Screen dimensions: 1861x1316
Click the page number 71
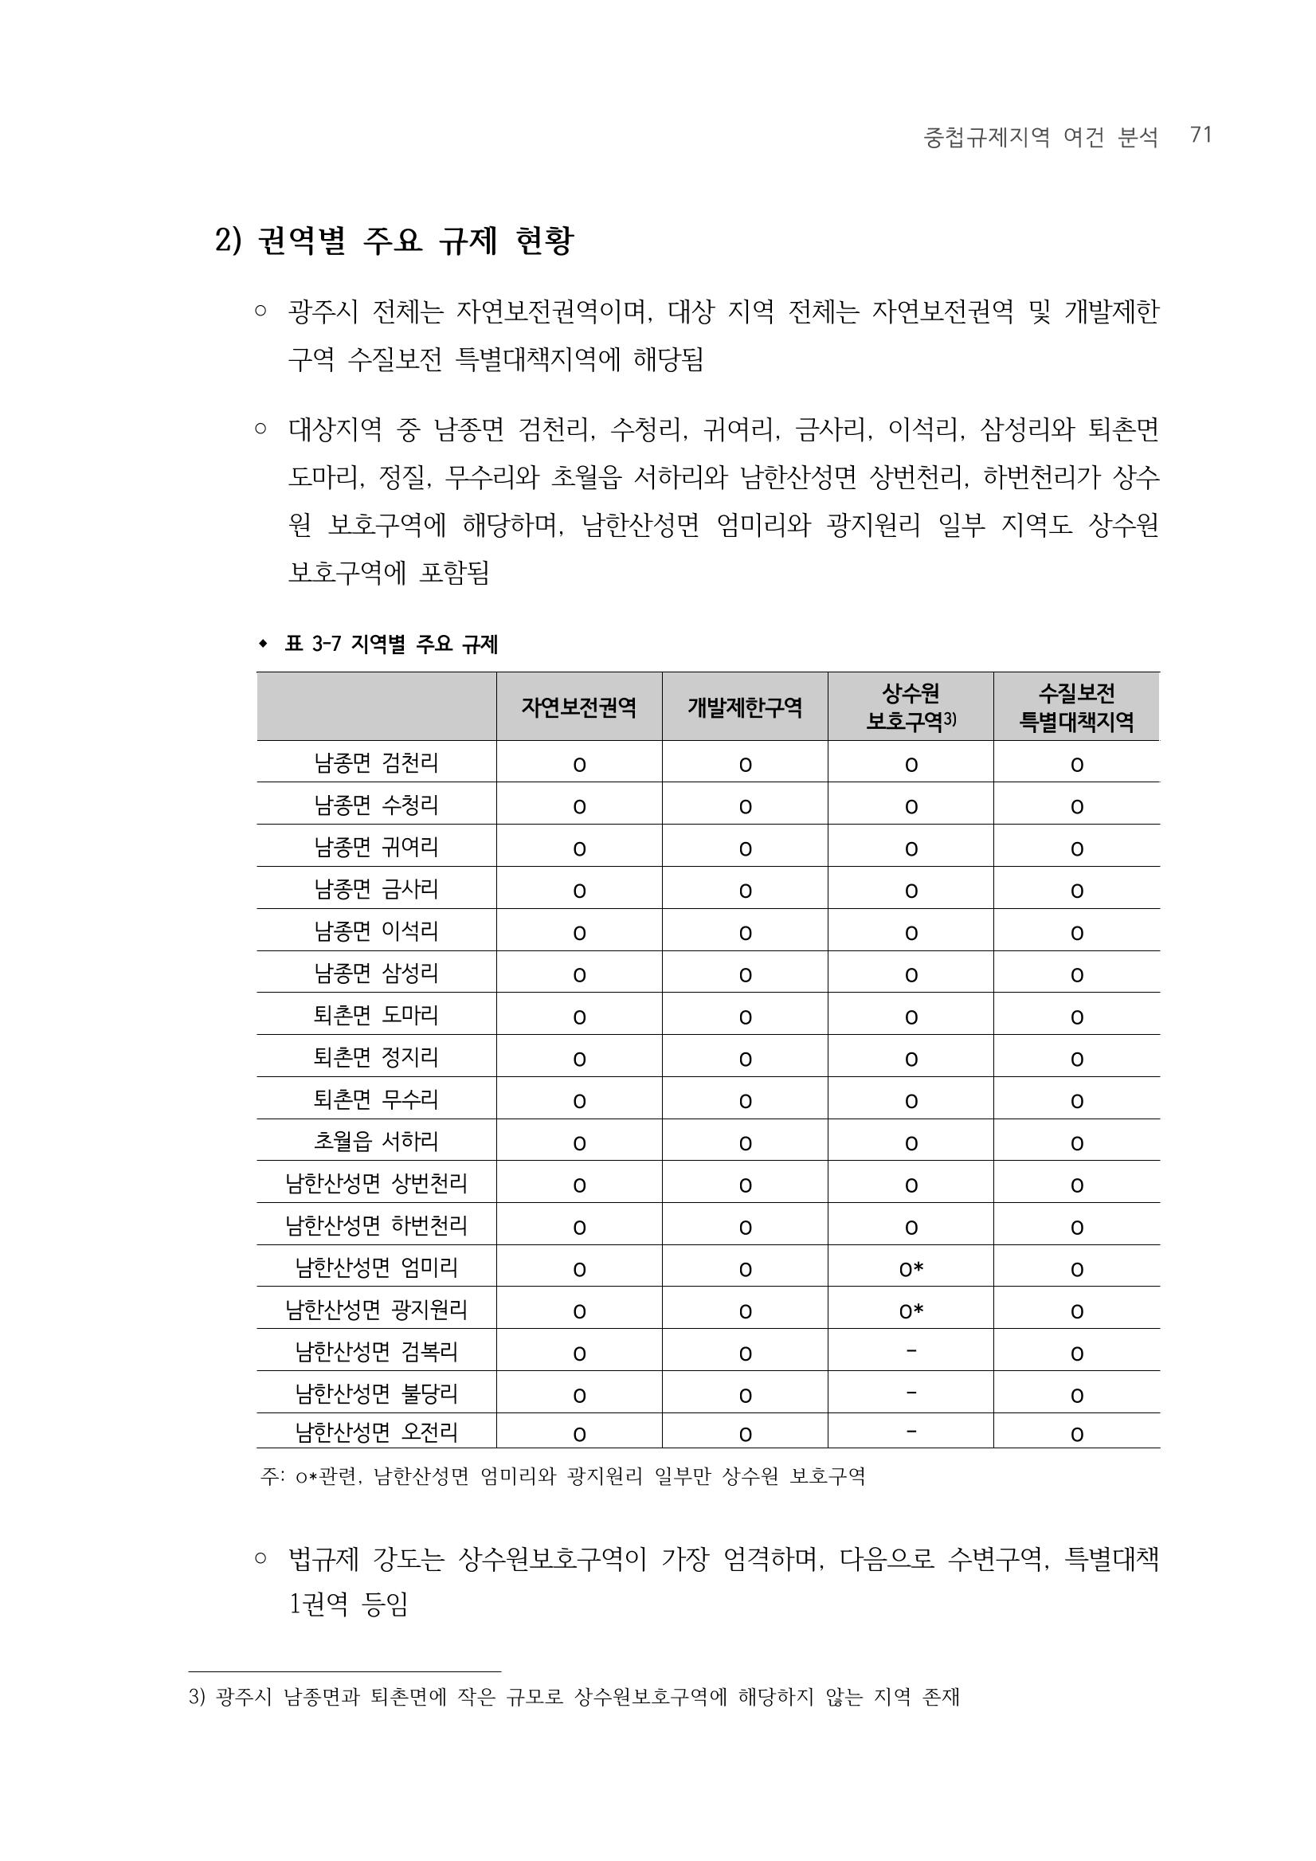(1200, 135)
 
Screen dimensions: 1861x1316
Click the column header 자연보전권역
(578, 707)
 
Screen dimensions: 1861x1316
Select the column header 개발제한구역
(745, 707)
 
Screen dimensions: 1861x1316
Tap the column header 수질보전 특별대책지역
(1076, 707)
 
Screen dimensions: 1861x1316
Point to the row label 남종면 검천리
(376, 762)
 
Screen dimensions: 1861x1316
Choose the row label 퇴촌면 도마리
(376, 1015)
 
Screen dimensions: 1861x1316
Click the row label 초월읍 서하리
(376, 1142)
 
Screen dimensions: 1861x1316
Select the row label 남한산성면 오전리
(376, 1432)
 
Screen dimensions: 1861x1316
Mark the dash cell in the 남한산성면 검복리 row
(911, 1350)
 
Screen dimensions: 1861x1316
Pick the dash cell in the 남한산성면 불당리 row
(911, 1393)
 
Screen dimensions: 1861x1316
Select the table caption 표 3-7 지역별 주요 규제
(390, 644)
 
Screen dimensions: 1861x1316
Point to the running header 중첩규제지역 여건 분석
(1040, 137)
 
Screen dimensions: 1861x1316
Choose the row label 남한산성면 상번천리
(376, 1183)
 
